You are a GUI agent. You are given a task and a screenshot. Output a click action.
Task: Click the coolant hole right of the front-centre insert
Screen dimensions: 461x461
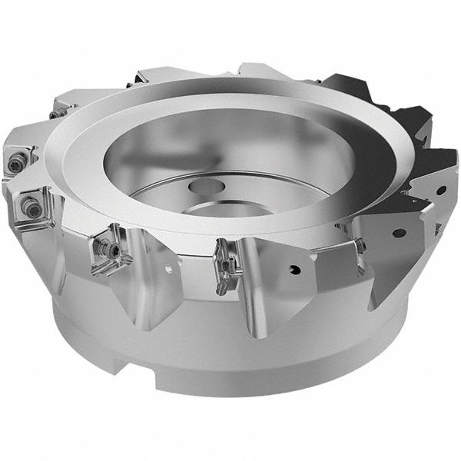[x=295, y=269]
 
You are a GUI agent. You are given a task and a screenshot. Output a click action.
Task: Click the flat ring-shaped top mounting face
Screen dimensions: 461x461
[x=115, y=154]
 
